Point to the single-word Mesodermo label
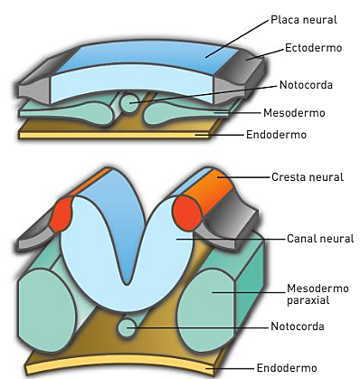tap(295, 115)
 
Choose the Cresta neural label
tap(308, 177)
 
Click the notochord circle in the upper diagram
tap(132, 103)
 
